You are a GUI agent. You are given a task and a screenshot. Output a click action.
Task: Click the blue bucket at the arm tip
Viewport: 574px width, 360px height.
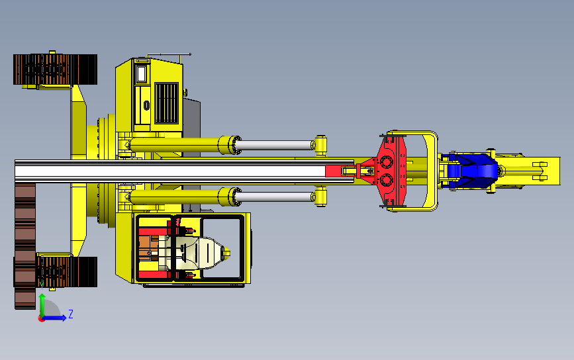[472, 171]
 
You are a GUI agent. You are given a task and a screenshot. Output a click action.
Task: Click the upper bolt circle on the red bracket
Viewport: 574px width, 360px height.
[387, 161]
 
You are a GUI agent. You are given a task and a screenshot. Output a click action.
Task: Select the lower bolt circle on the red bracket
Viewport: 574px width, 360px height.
[387, 180]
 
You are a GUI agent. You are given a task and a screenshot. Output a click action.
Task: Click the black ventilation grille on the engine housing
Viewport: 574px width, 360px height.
[167, 103]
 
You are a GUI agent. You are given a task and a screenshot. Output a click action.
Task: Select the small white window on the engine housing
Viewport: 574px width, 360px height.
[141, 74]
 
